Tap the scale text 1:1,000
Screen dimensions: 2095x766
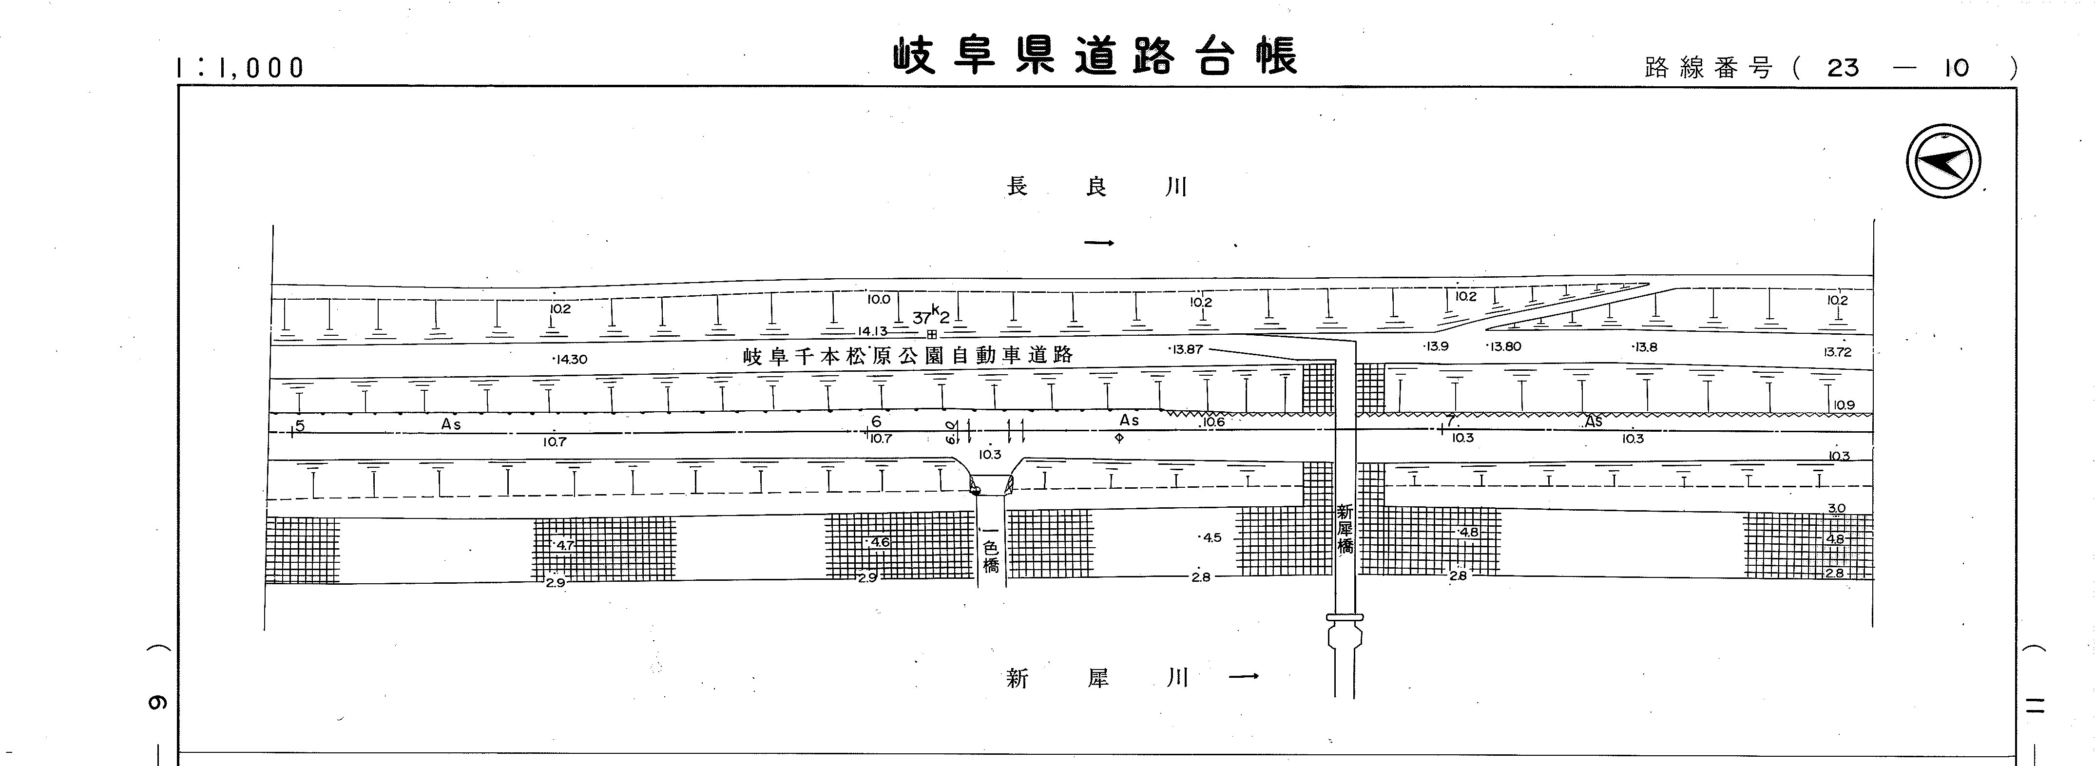240,68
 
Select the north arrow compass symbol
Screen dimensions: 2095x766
1943,162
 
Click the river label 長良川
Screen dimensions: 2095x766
1097,187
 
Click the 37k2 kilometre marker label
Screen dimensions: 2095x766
931,316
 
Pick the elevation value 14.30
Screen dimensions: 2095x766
570,359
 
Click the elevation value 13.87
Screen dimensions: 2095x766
1185,350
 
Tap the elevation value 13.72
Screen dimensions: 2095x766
1837,352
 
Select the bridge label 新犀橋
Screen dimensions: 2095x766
1345,529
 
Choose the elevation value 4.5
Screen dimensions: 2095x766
1212,537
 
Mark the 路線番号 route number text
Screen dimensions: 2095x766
1830,68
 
